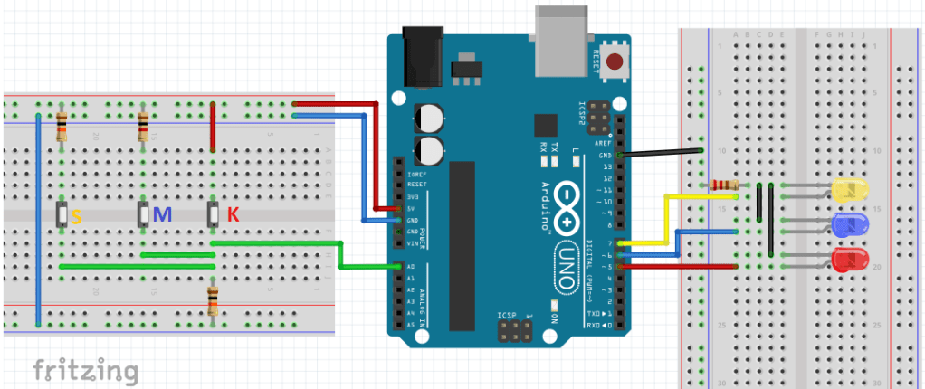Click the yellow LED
pyautogui.click(x=849, y=190)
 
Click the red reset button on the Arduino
pyautogui.click(x=616, y=62)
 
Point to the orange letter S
pyautogui.click(x=76, y=217)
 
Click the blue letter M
pyautogui.click(x=162, y=215)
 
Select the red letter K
pyautogui.click(x=233, y=215)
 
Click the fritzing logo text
pyautogui.click(x=86, y=370)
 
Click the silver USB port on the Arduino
pyautogui.click(x=561, y=41)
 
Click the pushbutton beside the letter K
pyautogui.click(x=214, y=215)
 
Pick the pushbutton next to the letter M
pyautogui.click(x=143, y=215)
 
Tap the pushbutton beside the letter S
pyautogui.click(x=61, y=215)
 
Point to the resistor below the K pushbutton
pyautogui.click(x=213, y=299)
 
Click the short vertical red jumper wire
pyautogui.click(x=213, y=125)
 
